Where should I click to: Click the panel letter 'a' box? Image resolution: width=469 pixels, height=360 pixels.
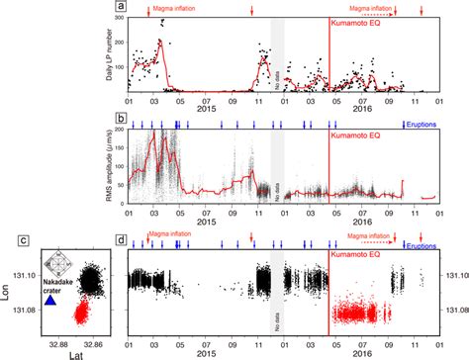click(121, 6)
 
